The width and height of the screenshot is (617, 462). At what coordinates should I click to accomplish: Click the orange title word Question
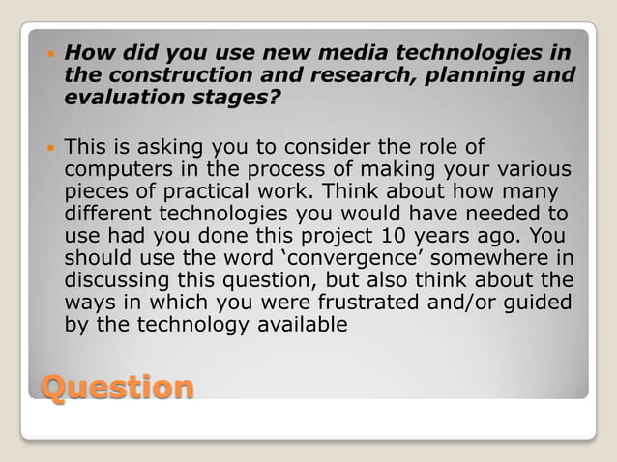117,388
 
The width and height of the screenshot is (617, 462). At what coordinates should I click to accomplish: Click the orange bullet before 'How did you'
50,52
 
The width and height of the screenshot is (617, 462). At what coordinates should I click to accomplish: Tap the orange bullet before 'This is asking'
50,148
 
